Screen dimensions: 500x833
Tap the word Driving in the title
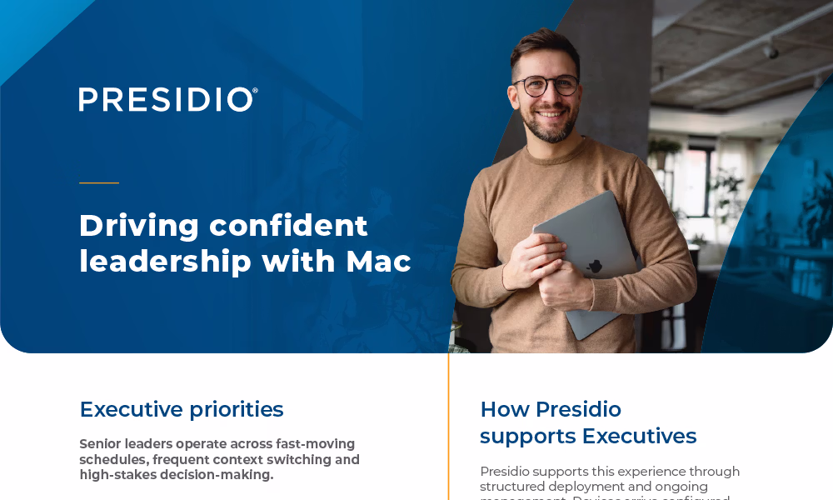click(x=139, y=226)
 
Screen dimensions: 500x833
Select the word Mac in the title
click(x=378, y=262)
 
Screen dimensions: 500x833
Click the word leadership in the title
click(x=165, y=262)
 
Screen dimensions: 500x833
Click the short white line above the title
click(x=99, y=182)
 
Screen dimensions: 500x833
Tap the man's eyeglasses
click(x=546, y=85)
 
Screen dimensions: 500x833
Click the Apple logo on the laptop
click(x=594, y=267)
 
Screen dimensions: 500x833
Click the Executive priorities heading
click(x=182, y=410)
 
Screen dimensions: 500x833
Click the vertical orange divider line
click(x=449, y=425)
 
